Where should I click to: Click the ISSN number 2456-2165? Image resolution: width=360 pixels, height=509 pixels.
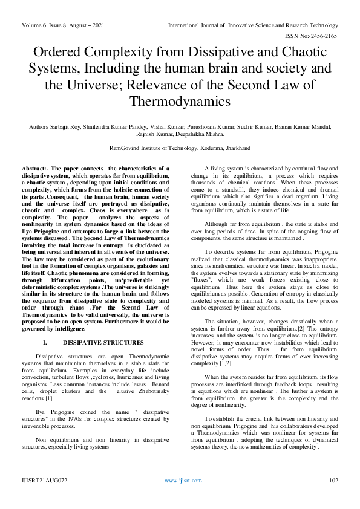(x=324, y=36)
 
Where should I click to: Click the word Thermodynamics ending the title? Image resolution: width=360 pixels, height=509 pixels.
(x=180, y=100)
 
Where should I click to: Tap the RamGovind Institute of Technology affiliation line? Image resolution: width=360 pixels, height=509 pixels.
(x=180, y=148)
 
